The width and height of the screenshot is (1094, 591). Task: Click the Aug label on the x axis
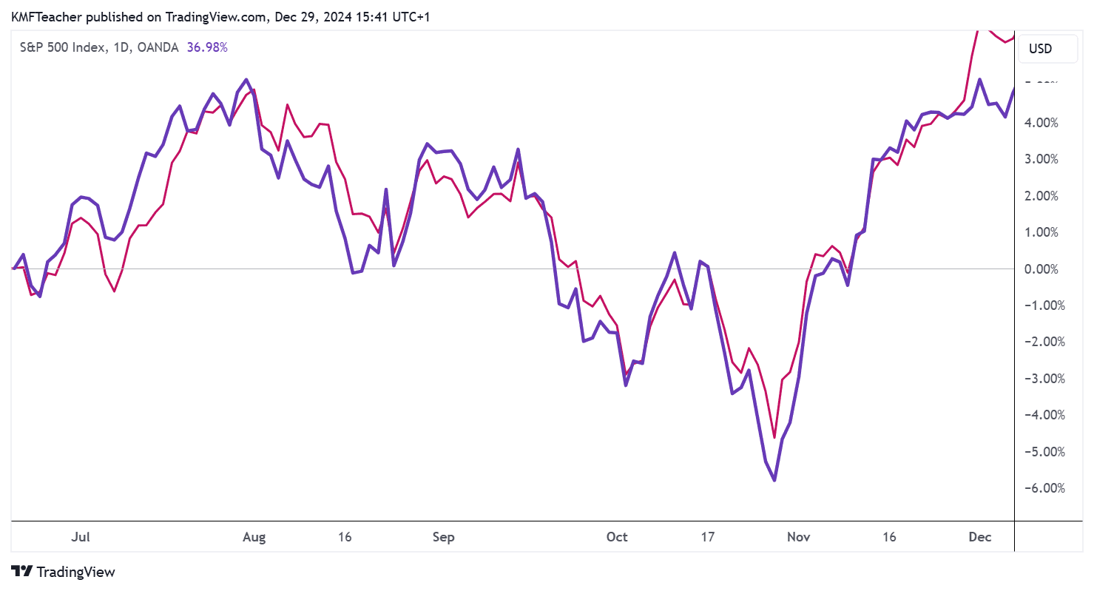[254, 537]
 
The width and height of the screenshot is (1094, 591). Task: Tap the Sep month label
[443, 537]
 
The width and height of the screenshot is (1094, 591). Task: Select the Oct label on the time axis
[617, 537]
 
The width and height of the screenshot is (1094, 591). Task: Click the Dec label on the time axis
[980, 537]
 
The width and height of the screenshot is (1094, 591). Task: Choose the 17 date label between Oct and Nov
[708, 537]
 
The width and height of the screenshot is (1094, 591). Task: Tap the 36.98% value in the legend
[206, 47]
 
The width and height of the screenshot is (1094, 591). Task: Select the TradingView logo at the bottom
[64, 572]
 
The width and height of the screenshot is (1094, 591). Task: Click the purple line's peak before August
[246, 79]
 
